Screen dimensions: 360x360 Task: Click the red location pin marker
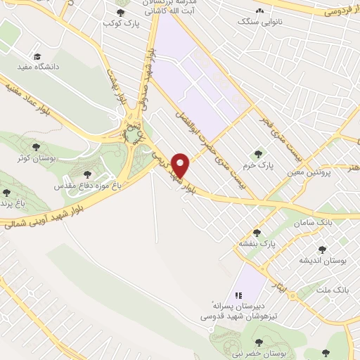[x=181, y=165]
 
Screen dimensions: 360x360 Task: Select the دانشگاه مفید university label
[x=37, y=67]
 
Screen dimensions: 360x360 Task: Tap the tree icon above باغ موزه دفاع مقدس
[x=87, y=174]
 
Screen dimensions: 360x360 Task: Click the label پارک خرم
[x=259, y=165]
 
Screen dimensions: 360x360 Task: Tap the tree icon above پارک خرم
[x=257, y=153]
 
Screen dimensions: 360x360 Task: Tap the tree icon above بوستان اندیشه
[x=322, y=250]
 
